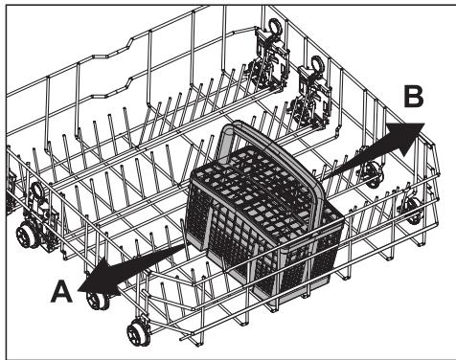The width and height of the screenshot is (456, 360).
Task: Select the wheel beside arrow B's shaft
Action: pyautogui.click(x=369, y=172)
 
